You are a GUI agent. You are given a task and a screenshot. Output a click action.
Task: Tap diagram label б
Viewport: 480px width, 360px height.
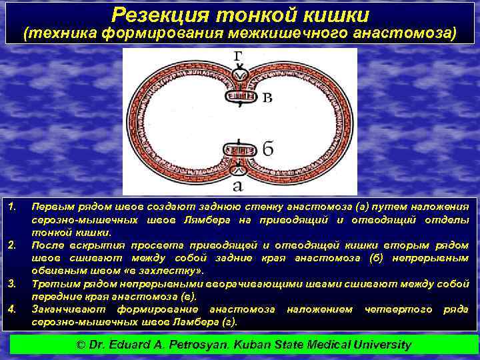[267, 149]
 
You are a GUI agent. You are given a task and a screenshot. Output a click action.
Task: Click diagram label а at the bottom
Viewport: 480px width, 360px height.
[238, 185]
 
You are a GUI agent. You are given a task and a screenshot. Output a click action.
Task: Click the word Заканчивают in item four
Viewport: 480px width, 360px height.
[70, 309]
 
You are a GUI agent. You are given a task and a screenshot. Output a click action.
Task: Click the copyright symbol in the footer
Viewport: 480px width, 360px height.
[81, 345]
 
